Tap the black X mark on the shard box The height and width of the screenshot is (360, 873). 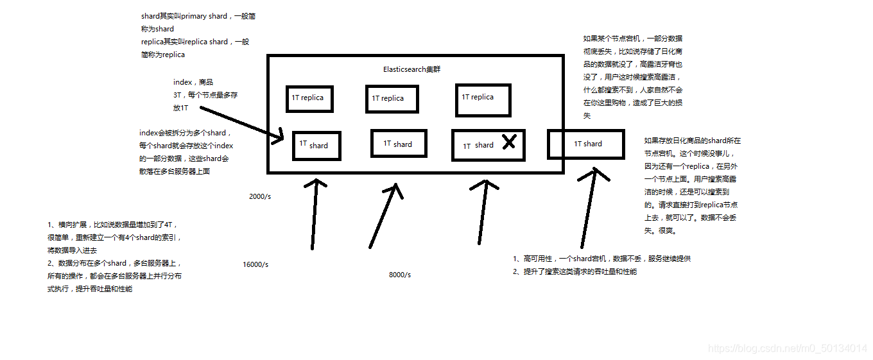coord(508,142)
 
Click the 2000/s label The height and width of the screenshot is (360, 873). coord(260,196)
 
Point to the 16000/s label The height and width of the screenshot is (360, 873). coord(255,264)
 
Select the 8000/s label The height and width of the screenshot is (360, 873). coord(400,275)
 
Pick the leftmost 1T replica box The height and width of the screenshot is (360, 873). coord(309,98)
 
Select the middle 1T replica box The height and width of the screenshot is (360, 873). coord(392,99)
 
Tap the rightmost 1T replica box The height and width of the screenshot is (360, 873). coord(483,100)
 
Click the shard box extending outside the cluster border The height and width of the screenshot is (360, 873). coord(585,144)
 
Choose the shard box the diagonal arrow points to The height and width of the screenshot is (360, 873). coord(316,146)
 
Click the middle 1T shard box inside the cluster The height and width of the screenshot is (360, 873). coord(399,143)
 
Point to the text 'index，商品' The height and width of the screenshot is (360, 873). coord(193,82)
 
